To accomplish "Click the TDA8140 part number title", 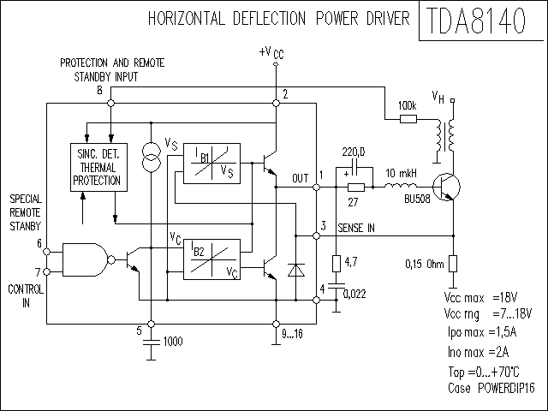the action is coord(476,21).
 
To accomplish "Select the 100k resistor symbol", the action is coord(408,119).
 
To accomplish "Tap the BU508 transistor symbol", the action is coord(446,187).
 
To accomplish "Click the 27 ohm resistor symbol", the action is coord(356,188).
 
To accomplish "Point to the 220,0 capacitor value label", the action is coord(354,152).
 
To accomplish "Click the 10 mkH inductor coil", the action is coord(401,186).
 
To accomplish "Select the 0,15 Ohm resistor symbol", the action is coord(453,264).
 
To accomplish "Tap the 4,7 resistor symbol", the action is coord(337,264).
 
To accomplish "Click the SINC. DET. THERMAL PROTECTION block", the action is coord(99,168).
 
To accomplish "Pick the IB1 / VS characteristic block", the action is coord(211,164).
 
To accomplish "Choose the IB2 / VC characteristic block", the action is coord(211,259).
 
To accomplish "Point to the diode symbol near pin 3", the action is coord(295,271).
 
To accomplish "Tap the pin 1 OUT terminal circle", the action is coord(316,188).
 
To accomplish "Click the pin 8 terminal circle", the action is coord(110,103).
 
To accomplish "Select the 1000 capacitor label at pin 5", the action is coord(173,342).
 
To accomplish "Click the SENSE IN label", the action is coord(356,229).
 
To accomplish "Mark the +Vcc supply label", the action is coord(271,53).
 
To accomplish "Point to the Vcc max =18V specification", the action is coord(480,298).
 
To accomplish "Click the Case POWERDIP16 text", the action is coord(491,388).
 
